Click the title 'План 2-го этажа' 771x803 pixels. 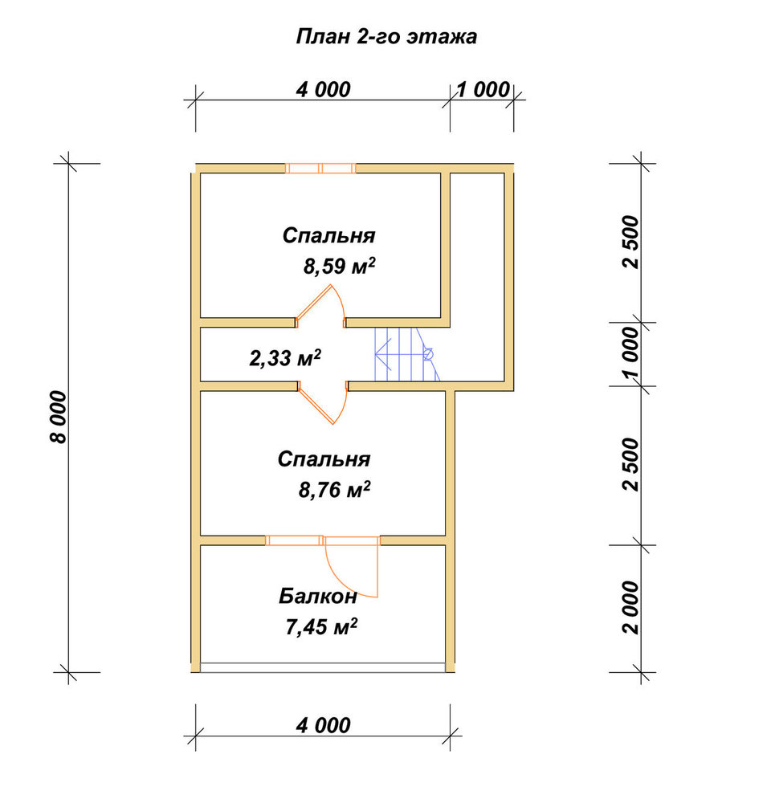[387, 37]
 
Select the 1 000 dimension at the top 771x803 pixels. [483, 90]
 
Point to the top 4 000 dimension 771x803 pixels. [323, 90]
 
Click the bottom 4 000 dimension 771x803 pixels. [323, 725]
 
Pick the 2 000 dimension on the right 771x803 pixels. [631, 607]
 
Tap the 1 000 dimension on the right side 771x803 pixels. [631, 354]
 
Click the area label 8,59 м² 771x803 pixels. [339, 267]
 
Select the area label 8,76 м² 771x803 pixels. [335, 490]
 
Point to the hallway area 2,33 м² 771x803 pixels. [285, 358]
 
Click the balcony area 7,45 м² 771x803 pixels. [321, 626]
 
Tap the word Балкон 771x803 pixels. [317, 596]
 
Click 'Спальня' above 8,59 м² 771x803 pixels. [329, 235]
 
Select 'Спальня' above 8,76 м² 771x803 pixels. [324, 459]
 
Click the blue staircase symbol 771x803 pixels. [407, 354]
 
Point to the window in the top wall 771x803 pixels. [320, 168]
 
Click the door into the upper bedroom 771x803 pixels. [320, 305]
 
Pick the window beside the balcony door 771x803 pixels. [294, 540]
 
